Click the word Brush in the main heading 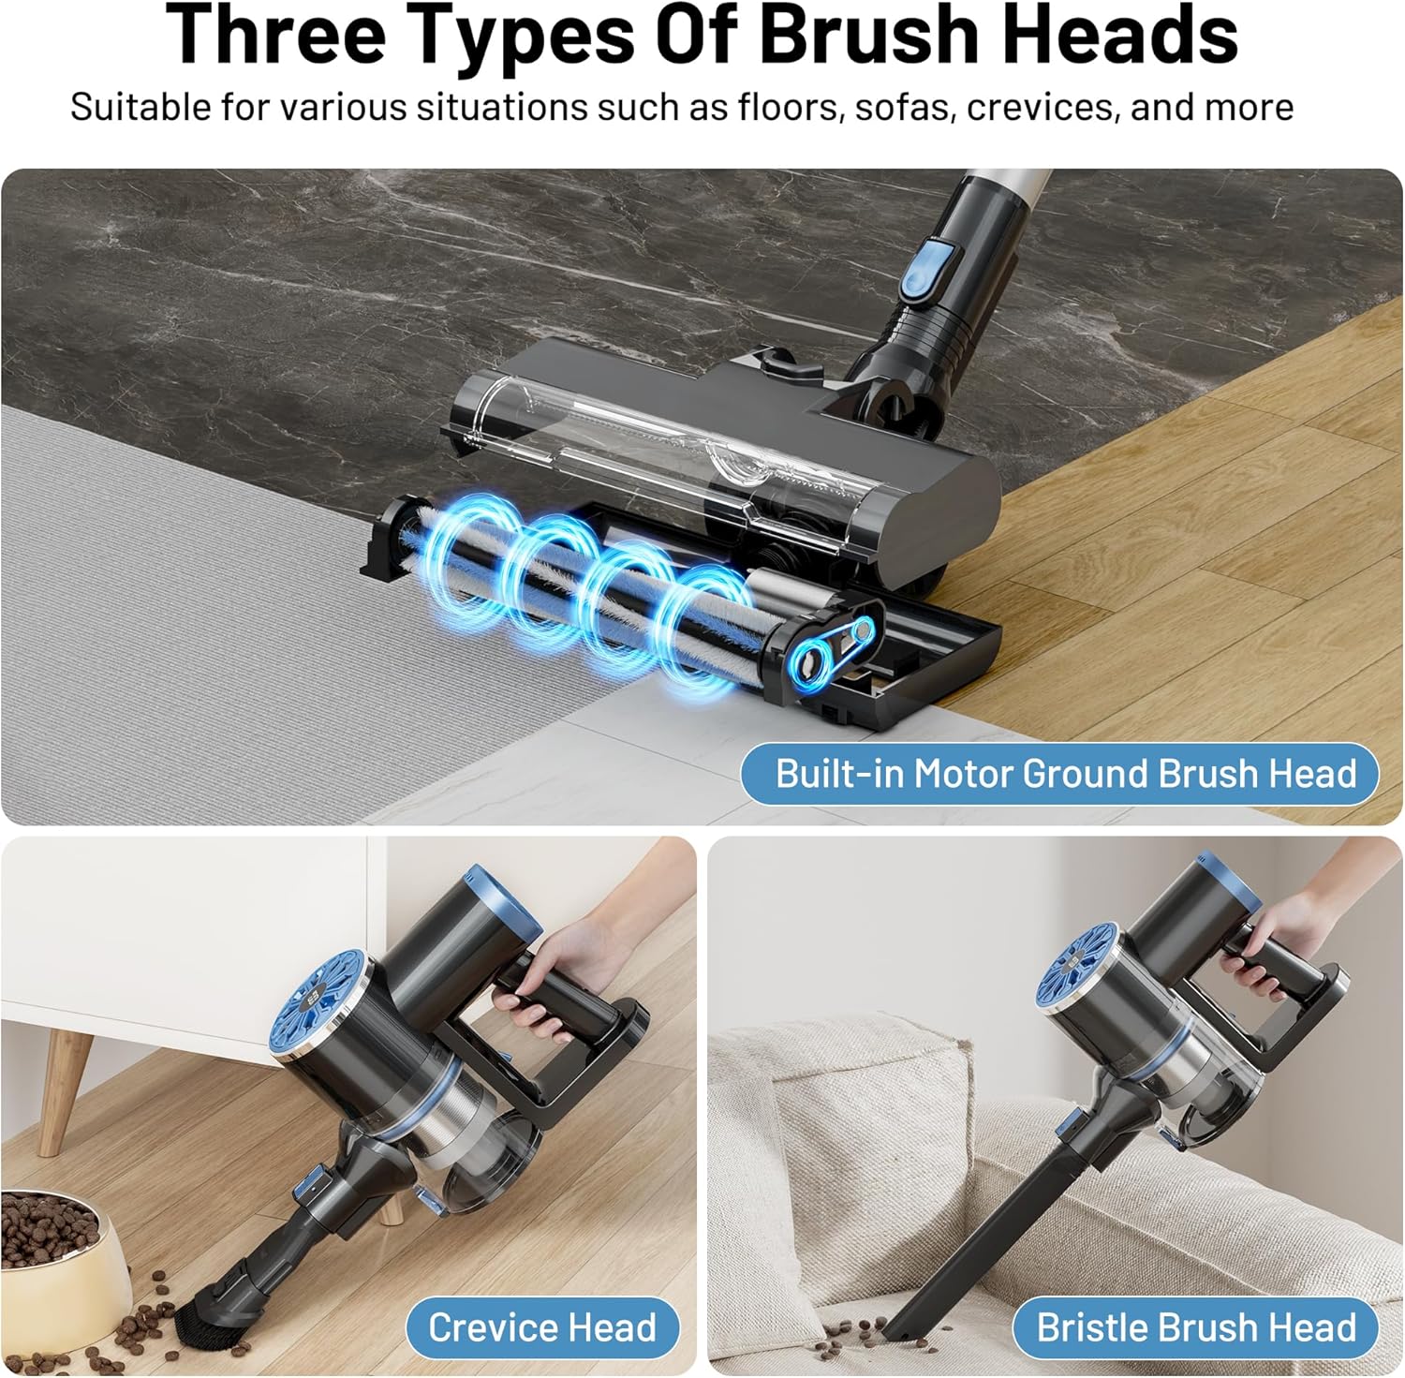coord(868,34)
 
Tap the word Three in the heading coord(275,34)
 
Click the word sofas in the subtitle coord(904,108)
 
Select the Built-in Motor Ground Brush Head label coord(1060,774)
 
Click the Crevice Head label coord(542,1327)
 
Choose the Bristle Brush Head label coord(1195,1327)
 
